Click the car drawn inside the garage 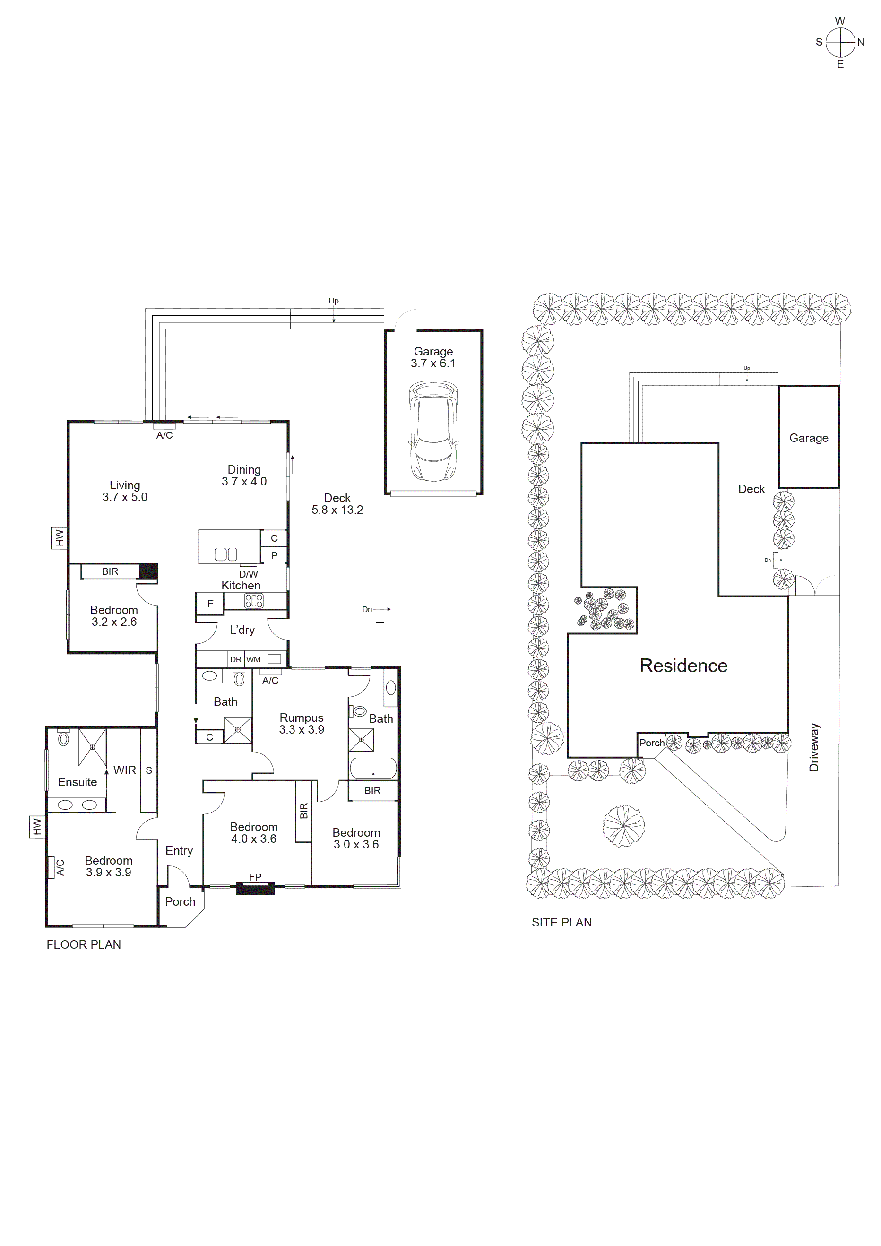click(x=433, y=431)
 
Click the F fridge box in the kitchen click(x=210, y=603)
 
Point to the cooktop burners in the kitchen click(x=254, y=601)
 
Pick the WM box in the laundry click(x=253, y=659)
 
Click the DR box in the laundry click(x=235, y=659)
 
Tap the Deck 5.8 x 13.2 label click(x=337, y=503)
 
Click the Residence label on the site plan click(x=683, y=666)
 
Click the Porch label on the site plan click(x=651, y=743)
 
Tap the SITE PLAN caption click(x=561, y=922)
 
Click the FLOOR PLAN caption click(x=84, y=944)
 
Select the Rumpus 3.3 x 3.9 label click(x=301, y=723)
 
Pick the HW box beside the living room click(x=59, y=538)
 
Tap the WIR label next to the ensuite click(x=124, y=770)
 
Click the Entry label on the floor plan click(x=179, y=850)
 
